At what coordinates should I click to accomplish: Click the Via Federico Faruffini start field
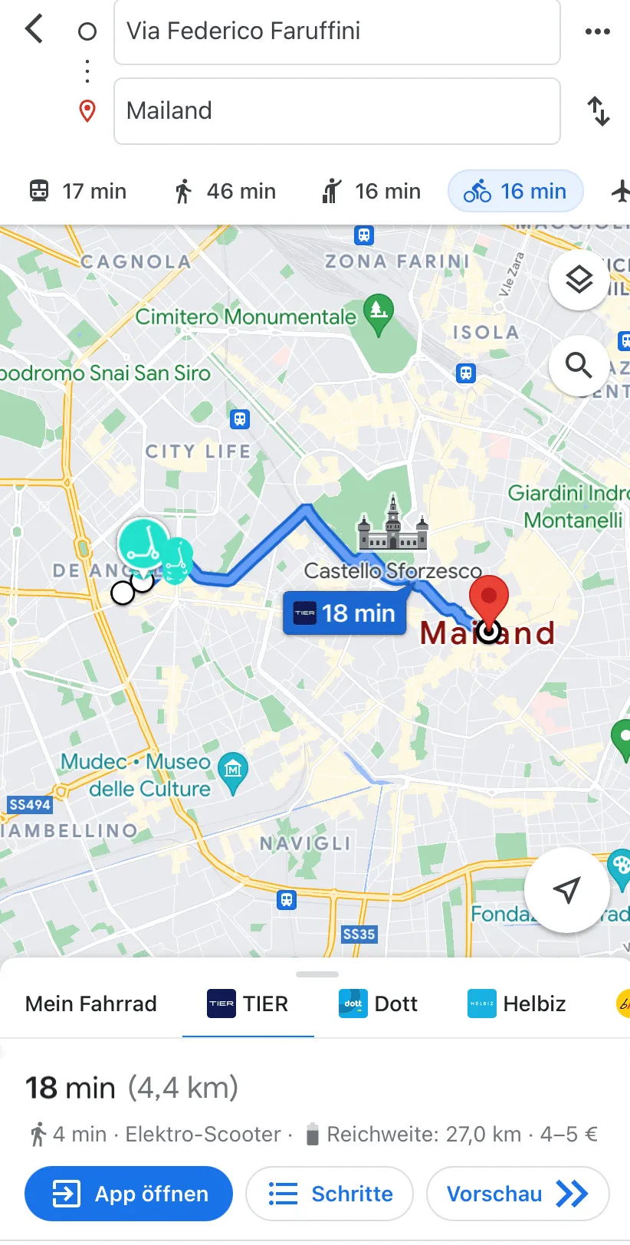pyautogui.click(x=336, y=31)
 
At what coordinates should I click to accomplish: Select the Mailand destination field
pyautogui.click(x=336, y=111)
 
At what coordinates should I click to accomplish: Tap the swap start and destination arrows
pyautogui.click(x=599, y=111)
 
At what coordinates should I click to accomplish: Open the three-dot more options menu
pyautogui.click(x=597, y=31)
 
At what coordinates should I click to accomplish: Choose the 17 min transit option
pyautogui.click(x=77, y=191)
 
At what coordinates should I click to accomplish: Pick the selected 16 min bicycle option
pyautogui.click(x=515, y=191)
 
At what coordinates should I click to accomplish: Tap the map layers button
pyautogui.click(x=579, y=280)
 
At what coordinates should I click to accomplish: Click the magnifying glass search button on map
pyautogui.click(x=579, y=366)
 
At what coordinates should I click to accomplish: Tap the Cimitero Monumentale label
pyautogui.click(x=246, y=317)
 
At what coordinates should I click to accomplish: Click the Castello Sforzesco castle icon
pyautogui.click(x=392, y=525)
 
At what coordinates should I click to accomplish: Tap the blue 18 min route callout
pyautogui.click(x=345, y=613)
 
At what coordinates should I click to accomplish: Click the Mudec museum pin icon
pyautogui.click(x=233, y=770)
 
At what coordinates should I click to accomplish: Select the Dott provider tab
pyautogui.click(x=379, y=1004)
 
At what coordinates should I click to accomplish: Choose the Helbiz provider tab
pyautogui.click(x=517, y=1004)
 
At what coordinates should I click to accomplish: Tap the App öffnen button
pyautogui.click(x=129, y=1194)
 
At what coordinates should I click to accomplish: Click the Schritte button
pyautogui.click(x=330, y=1194)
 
